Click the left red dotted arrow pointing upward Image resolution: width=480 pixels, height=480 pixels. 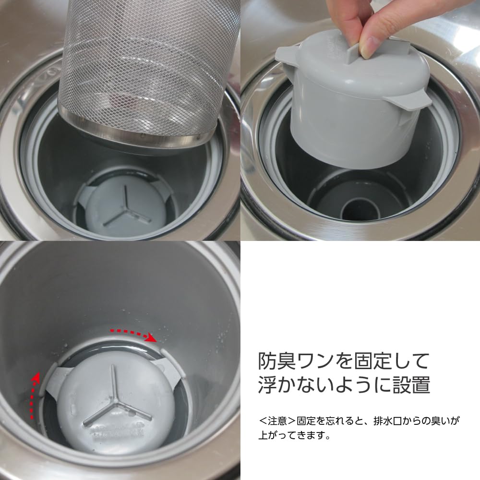[33, 396]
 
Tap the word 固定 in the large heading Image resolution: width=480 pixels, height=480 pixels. [372, 361]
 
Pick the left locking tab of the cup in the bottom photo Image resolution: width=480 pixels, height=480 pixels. [57, 379]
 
